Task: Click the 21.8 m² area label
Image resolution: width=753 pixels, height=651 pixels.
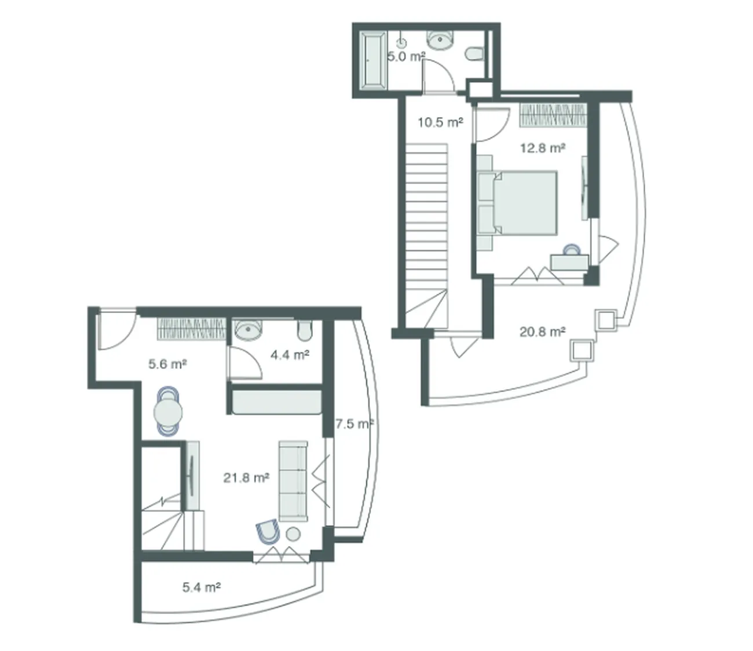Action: click(x=246, y=477)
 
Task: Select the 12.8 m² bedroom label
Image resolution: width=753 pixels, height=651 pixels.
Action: click(x=542, y=148)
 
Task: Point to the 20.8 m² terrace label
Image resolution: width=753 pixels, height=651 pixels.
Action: click(x=542, y=332)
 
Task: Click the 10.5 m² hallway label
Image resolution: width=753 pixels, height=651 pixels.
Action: click(x=440, y=122)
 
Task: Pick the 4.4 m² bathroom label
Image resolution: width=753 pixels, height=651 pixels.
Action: click(x=290, y=355)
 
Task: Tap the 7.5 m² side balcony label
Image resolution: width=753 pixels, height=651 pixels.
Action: click(x=354, y=424)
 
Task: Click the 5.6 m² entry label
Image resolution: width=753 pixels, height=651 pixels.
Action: click(x=167, y=364)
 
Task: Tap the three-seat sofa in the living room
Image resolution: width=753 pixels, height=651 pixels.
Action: click(x=293, y=482)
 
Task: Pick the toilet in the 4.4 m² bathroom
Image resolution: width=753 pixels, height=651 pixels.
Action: click(x=305, y=330)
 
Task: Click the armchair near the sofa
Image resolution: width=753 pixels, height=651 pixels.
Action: click(x=268, y=533)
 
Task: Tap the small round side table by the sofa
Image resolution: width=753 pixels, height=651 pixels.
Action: click(x=293, y=534)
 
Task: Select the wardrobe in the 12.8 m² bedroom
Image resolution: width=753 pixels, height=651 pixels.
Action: click(x=553, y=115)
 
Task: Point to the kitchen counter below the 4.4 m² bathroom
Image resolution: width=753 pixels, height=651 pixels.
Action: click(x=277, y=402)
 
